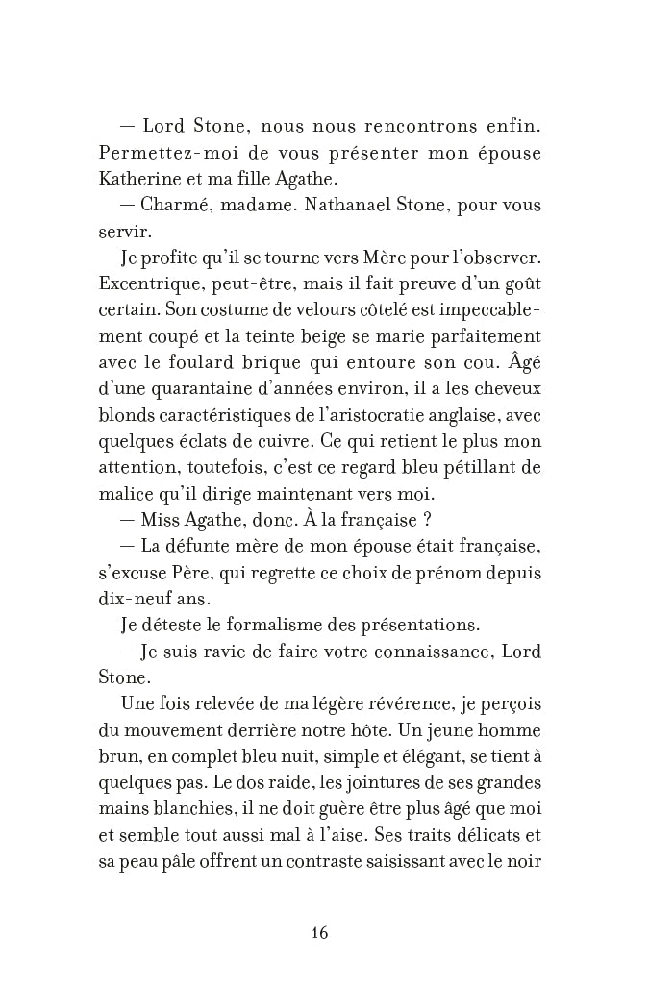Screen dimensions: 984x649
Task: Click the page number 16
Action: [320, 933]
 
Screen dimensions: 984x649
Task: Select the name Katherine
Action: [135, 179]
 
